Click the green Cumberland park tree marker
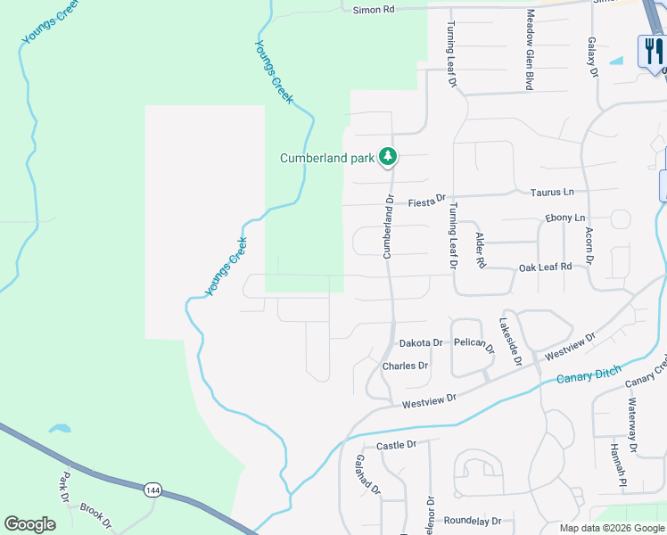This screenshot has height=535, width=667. (387, 157)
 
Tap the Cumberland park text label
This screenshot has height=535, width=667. (326, 159)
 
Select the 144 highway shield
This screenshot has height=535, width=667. (153, 490)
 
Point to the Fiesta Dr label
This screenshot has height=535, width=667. (426, 201)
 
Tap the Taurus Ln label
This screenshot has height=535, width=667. (552, 192)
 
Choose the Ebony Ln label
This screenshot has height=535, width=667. (565, 218)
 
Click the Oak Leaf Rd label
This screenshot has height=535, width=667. (545, 267)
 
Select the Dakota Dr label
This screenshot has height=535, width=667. (421, 342)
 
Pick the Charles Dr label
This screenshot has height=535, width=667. (405, 366)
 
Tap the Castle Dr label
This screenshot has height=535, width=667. (397, 444)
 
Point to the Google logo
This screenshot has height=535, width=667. (29, 524)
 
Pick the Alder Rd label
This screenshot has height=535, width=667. (481, 251)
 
